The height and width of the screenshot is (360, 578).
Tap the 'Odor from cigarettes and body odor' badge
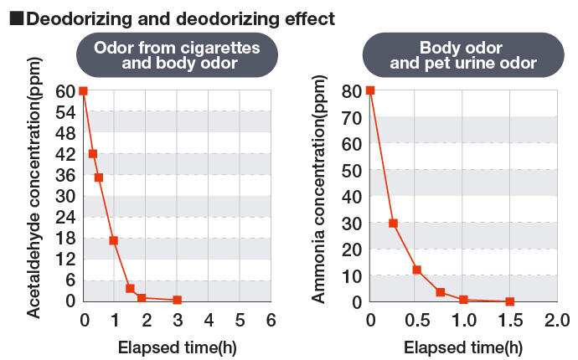pos(178,55)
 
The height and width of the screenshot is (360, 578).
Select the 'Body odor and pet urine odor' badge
pos(463,55)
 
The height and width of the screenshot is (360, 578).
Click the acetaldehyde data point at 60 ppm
pos(83,90)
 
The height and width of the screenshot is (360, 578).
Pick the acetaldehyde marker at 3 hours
pos(177,300)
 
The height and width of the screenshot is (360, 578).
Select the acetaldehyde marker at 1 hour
pos(114,240)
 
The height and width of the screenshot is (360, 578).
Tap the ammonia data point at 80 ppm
pos(370,90)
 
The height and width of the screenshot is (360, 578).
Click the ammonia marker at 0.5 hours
pos(416,270)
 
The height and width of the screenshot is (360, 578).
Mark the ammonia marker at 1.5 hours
pos(509,301)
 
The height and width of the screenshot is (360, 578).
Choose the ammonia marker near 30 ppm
pos(393,224)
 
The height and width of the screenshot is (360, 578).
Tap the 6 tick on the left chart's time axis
pos(271,320)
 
